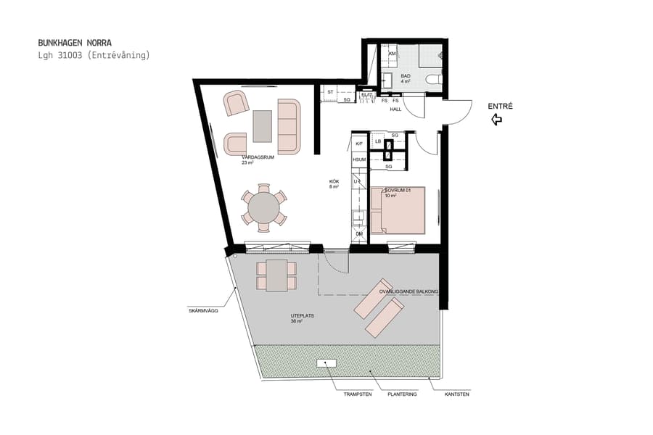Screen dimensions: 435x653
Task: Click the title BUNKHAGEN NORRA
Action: [75, 43]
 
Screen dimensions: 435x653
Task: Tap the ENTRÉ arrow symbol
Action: [497, 120]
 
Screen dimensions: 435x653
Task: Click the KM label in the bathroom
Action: [392, 54]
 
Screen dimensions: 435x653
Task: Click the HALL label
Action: [395, 109]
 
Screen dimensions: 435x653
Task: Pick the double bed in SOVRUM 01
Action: [398, 210]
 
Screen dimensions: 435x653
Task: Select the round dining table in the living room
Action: [263, 208]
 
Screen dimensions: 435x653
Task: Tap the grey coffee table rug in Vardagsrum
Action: [263, 126]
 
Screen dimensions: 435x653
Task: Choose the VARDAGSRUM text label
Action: [258, 157]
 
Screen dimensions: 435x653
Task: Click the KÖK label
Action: [334, 182]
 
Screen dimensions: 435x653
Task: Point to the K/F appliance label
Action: [358, 144]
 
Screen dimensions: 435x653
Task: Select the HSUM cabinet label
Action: [358, 159]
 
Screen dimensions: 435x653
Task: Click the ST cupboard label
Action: [330, 92]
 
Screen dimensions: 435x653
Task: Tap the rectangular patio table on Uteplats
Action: [276, 275]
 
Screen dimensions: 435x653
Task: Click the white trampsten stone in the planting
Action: [325, 362]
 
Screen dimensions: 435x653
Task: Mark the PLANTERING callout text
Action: [401, 394]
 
